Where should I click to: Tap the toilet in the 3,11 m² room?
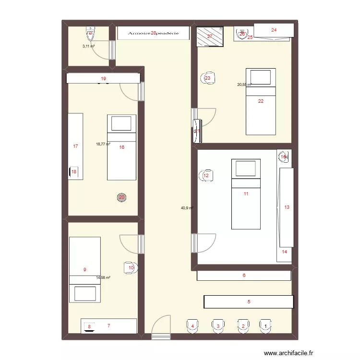click(x=90, y=34)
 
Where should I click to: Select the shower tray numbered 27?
click(x=210, y=36)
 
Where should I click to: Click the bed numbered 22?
click(x=261, y=101)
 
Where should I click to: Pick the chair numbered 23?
click(x=208, y=78)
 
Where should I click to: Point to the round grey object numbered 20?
click(x=121, y=197)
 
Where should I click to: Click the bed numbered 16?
click(x=121, y=147)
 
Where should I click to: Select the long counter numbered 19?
click(x=103, y=78)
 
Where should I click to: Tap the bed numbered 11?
click(x=246, y=194)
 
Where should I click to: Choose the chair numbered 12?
click(x=206, y=176)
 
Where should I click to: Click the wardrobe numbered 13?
click(x=287, y=207)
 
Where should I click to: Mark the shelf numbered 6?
click(x=244, y=276)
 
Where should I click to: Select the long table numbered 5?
click(x=249, y=302)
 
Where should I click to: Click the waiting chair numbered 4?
click(x=192, y=326)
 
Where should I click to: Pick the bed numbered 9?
click(x=85, y=270)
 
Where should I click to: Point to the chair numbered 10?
click(x=131, y=267)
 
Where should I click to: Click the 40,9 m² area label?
click(x=187, y=208)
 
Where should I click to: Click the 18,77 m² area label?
click(x=103, y=144)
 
